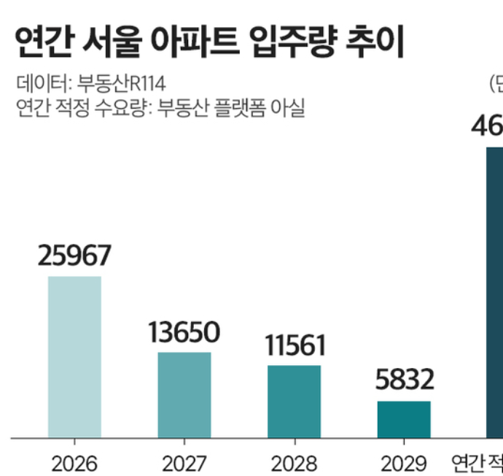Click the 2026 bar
(x=74, y=357)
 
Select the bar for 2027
(x=184, y=395)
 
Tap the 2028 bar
(x=294, y=402)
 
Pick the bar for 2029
(x=404, y=419)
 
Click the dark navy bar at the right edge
(x=495, y=292)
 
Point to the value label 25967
(x=74, y=256)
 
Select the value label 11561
(x=294, y=345)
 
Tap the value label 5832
(x=403, y=380)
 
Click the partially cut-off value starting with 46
(x=487, y=126)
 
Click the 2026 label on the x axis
(x=74, y=462)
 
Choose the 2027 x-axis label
(x=184, y=462)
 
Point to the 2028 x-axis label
(x=294, y=462)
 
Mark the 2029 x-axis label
(x=403, y=462)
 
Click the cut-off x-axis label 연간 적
(x=477, y=462)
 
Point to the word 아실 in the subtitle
(x=287, y=108)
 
